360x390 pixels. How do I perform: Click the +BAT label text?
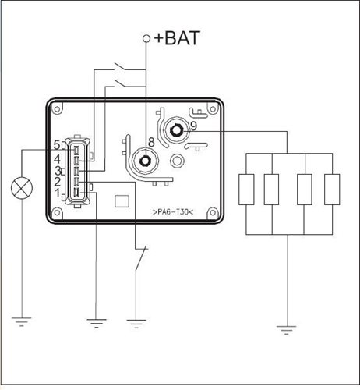click(177, 38)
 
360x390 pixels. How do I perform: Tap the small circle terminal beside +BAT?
click(146, 38)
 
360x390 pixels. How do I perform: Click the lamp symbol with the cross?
click(22, 188)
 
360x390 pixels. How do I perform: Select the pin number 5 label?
click(57, 145)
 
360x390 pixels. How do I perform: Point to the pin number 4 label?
click(57, 159)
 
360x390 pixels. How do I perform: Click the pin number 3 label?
click(58, 171)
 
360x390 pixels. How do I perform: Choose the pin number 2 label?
click(57, 182)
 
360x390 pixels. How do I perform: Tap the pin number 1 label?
click(57, 193)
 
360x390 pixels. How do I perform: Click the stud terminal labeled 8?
click(145, 161)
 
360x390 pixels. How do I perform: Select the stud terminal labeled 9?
click(177, 130)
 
